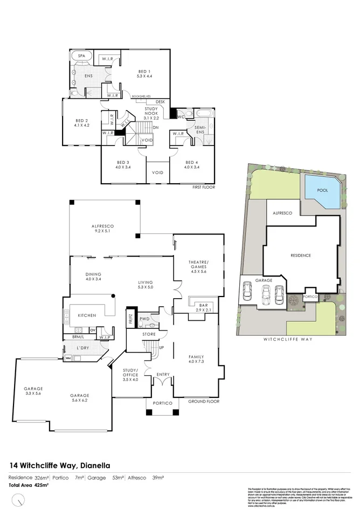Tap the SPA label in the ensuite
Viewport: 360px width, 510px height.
click(x=82, y=56)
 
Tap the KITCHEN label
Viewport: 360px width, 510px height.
click(x=87, y=315)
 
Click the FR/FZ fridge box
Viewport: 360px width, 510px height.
click(x=130, y=319)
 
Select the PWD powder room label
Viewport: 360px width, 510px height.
click(x=144, y=319)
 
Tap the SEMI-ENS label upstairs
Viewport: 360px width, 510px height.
click(x=200, y=130)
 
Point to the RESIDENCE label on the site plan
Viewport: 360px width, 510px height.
click(x=301, y=255)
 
